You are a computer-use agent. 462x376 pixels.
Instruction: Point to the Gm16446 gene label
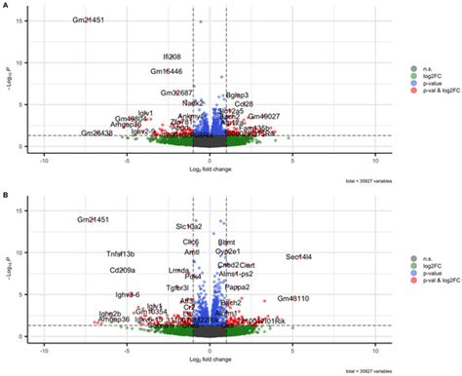166,71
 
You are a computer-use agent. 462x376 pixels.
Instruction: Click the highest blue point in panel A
201,20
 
